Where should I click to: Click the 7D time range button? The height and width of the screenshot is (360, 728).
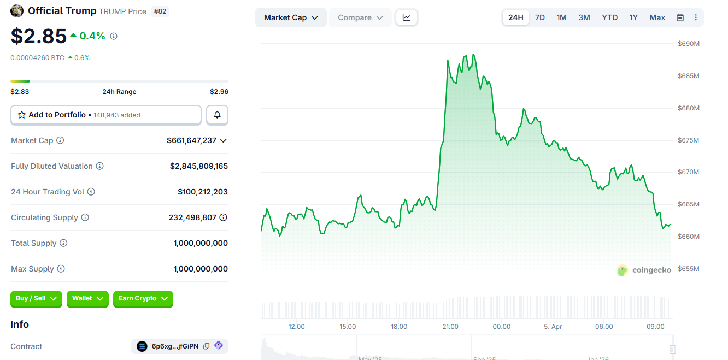coord(539,17)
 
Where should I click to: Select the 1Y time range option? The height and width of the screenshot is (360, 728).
coord(633,17)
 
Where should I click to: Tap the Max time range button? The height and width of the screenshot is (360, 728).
coord(657,17)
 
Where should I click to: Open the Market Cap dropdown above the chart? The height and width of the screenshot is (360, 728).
coord(291,17)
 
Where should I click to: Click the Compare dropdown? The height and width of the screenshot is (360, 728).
coord(360,17)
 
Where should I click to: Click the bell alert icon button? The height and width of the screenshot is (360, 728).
coord(217,115)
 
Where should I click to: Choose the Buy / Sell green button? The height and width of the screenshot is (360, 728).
coord(36,298)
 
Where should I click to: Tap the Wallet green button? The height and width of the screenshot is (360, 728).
coord(87,298)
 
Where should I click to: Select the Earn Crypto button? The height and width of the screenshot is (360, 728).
coord(143,298)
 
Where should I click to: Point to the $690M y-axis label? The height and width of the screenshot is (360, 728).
coord(688,44)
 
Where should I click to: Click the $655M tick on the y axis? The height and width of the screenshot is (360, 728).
coord(688,268)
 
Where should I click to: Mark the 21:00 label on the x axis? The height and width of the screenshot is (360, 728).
coord(450,327)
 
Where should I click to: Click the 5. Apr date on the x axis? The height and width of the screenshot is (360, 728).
coord(553,327)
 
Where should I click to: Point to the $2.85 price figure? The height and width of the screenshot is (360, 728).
coord(39,36)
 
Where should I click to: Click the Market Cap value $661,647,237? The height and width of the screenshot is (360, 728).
coord(191,140)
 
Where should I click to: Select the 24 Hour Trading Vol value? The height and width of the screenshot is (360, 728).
coord(202,192)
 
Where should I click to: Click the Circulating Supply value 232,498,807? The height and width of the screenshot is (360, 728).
coord(192,217)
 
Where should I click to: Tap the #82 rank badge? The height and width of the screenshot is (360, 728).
coord(160,11)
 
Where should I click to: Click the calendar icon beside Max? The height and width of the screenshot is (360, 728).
coord(680,17)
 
